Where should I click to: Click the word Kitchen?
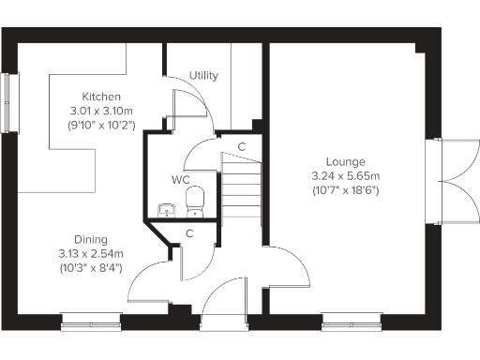point(101,97)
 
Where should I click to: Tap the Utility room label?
point(203,75)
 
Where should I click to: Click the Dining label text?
point(92,239)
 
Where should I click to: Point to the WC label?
point(181,178)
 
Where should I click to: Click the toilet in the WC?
point(195,200)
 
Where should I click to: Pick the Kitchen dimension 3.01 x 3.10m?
point(101,111)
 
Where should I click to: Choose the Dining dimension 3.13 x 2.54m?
point(92,253)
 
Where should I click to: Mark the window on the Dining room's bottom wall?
point(91,322)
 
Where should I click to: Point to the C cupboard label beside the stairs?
point(242,146)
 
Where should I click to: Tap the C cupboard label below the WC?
point(189,234)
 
